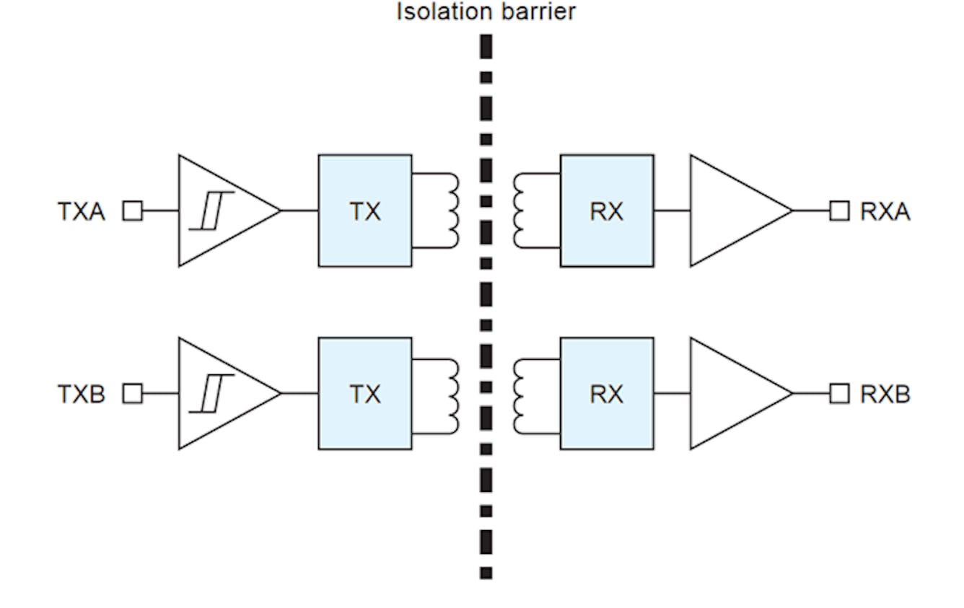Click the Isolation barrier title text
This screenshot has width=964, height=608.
click(486, 12)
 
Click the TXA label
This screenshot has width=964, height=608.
click(82, 211)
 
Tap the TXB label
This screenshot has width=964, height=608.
click(82, 395)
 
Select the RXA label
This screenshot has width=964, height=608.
click(885, 211)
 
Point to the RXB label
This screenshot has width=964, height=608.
click(885, 395)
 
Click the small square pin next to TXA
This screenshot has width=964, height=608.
click(133, 211)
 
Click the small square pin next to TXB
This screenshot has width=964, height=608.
click(133, 394)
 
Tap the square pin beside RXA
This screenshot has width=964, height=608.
click(839, 211)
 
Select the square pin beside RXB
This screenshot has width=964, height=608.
click(839, 394)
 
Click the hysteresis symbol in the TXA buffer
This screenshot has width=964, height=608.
click(211, 211)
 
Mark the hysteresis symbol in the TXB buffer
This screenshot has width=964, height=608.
click(211, 394)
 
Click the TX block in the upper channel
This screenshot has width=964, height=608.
click(365, 211)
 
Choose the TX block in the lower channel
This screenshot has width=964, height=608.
click(365, 394)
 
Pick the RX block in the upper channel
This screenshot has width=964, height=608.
click(607, 211)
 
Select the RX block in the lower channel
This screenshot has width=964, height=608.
click(607, 394)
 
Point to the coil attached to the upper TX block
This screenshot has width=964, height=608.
click(452, 211)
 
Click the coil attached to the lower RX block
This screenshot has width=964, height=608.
click(520, 394)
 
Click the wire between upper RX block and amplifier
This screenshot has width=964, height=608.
click(672, 211)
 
